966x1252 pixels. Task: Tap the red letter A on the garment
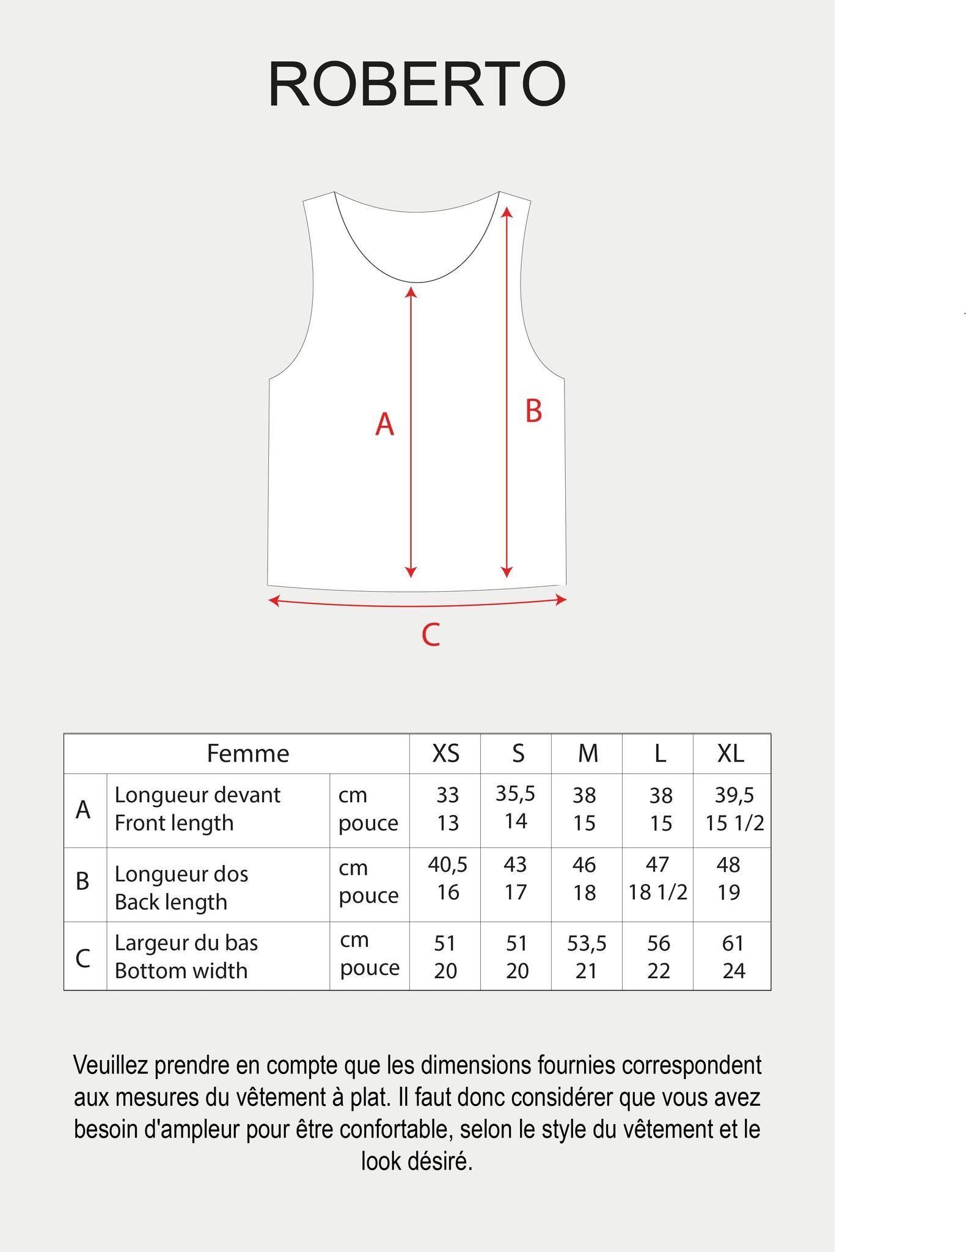[384, 424]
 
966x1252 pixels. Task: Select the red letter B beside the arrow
[533, 411]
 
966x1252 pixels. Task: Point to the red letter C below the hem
[431, 635]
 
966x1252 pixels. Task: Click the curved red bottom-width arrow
[417, 605]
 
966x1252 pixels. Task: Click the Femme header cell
[247, 753]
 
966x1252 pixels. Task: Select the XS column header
[445, 753]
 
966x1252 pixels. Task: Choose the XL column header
[731, 753]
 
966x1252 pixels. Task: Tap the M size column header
[588, 753]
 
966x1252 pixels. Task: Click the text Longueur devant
[197, 795]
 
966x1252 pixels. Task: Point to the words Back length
[171, 902]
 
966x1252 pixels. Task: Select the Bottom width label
[181, 970]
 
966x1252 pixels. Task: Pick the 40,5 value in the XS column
[447, 864]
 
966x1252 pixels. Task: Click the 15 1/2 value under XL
[734, 823]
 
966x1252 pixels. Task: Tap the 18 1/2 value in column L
[658, 892]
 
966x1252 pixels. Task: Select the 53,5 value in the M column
[587, 943]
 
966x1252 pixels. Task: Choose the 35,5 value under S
[515, 794]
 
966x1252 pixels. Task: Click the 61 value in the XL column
[733, 943]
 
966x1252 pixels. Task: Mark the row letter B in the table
[82, 881]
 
